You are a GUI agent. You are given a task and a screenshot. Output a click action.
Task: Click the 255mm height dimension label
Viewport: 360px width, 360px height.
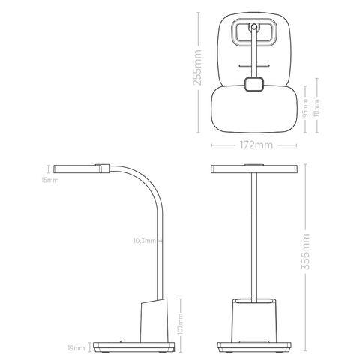point(198,68)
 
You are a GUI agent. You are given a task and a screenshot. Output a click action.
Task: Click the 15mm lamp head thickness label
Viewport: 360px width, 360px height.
point(49,180)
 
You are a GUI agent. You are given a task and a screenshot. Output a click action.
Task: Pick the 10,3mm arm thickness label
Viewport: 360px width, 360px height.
point(144,241)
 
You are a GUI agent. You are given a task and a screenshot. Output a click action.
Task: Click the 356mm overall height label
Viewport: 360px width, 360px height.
point(304,250)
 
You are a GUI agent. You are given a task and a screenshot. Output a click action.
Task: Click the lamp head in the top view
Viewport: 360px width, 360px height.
point(256,109)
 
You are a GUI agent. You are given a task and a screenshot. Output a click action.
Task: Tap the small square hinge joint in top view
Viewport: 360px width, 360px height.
point(256,85)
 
